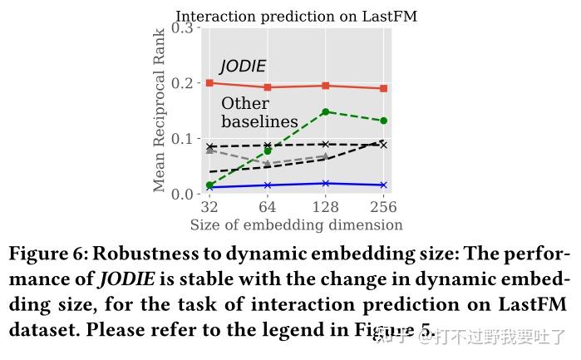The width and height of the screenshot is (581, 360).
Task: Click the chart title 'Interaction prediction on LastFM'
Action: click(x=296, y=16)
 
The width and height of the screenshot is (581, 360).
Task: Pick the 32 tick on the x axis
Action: click(x=209, y=207)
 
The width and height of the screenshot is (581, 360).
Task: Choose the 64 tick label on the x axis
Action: click(x=268, y=207)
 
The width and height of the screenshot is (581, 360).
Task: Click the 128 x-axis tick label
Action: click(x=325, y=207)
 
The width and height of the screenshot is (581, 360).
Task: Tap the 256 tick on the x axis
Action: click(x=383, y=207)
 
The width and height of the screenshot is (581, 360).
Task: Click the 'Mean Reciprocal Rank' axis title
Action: click(x=160, y=111)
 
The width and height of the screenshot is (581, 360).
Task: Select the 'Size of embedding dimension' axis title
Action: click(x=296, y=225)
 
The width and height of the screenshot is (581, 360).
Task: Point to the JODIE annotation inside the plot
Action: click(x=243, y=67)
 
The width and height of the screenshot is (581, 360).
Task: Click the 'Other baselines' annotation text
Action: click(x=258, y=112)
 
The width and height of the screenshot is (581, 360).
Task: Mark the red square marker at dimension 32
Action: click(x=209, y=83)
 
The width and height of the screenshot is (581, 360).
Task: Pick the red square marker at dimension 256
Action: click(x=383, y=88)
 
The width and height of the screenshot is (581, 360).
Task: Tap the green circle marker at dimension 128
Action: click(x=325, y=111)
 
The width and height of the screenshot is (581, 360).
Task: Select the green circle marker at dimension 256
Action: click(x=383, y=121)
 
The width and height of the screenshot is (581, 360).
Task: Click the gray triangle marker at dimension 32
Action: click(x=209, y=150)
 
